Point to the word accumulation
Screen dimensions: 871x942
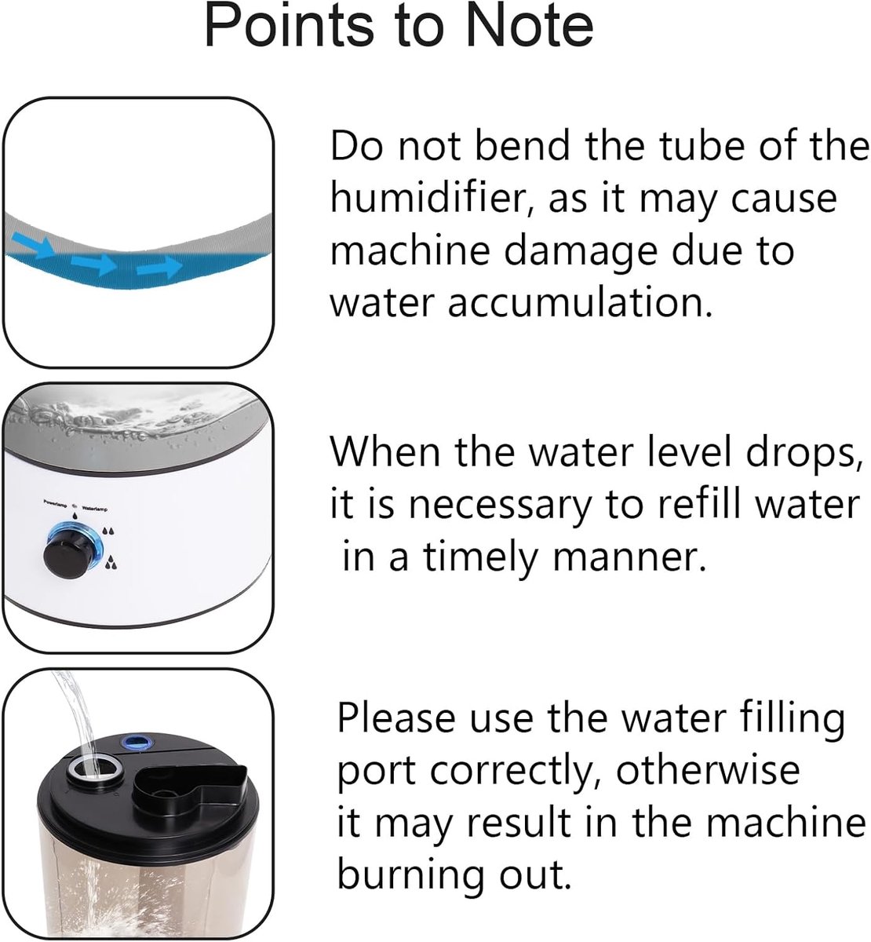580,303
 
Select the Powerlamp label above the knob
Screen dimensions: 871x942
56,502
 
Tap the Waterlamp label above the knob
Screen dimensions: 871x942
95,509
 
